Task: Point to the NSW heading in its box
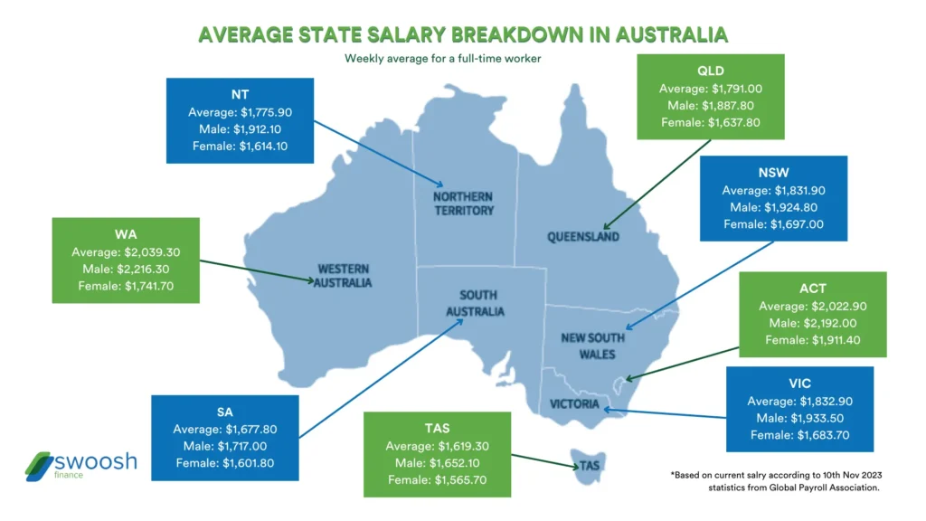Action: [x=773, y=173]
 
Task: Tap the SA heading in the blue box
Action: [x=224, y=412]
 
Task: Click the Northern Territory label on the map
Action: [x=462, y=204]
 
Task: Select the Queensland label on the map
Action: [x=583, y=237]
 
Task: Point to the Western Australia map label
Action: [x=343, y=275]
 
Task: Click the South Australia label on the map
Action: [x=480, y=303]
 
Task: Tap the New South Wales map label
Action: [x=591, y=346]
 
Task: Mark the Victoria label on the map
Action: [x=574, y=404]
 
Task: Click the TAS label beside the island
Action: [x=591, y=467]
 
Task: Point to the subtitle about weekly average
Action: [x=462, y=60]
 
